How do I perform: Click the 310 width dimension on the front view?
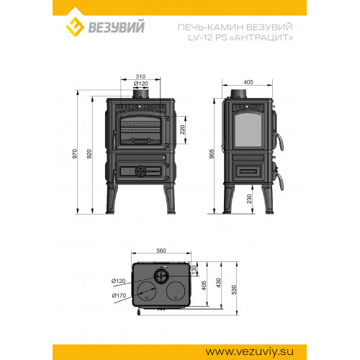pyautogui.click(x=141, y=76)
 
